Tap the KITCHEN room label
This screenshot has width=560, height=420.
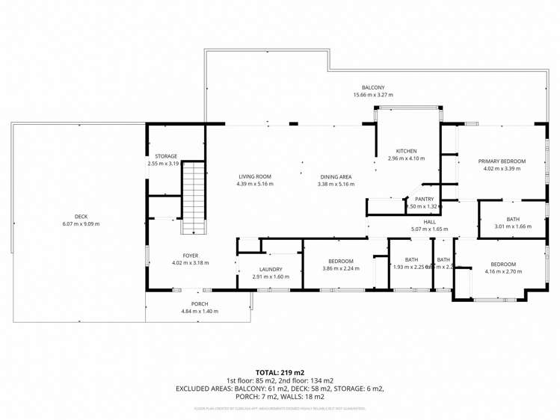pos(406,151)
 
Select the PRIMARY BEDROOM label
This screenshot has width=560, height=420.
pos(502,161)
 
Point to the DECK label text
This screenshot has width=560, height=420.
pos(81,217)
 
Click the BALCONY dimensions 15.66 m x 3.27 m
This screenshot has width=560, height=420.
pos(372,96)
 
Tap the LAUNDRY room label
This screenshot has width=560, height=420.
pos(270,269)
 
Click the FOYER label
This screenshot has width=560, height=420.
pos(190,255)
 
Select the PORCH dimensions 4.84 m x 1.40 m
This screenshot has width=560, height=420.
pos(199,311)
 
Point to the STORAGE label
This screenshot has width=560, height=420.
pos(166,156)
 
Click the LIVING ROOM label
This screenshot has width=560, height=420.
pos(254,176)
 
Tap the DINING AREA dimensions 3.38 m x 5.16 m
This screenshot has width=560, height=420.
pos(334,184)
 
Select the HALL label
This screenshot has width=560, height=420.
pos(429,221)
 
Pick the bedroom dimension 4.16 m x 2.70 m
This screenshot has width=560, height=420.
pos(502,272)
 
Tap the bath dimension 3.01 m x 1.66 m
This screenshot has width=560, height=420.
pos(512,226)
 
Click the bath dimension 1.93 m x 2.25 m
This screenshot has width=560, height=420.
pos(409,267)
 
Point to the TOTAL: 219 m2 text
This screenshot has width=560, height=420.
pos(280,371)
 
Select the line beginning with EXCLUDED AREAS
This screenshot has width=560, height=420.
pos(280,389)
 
